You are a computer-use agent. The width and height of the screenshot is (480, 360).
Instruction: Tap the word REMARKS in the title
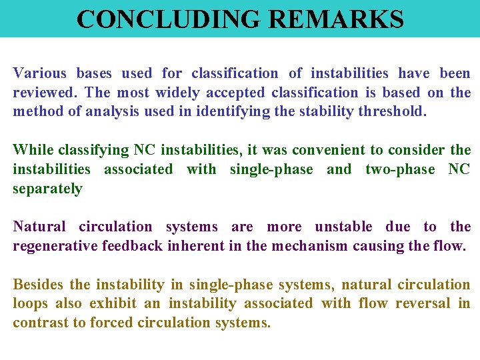point(336,19)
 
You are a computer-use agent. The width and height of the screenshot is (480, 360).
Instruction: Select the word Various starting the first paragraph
point(40,73)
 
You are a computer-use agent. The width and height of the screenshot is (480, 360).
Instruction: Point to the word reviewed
point(44,93)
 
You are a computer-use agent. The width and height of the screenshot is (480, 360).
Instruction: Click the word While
point(34,150)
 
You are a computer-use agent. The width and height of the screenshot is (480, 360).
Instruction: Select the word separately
point(47,189)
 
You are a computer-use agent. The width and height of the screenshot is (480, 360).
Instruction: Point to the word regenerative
point(55,246)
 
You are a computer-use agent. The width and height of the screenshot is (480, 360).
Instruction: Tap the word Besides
point(38,285)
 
